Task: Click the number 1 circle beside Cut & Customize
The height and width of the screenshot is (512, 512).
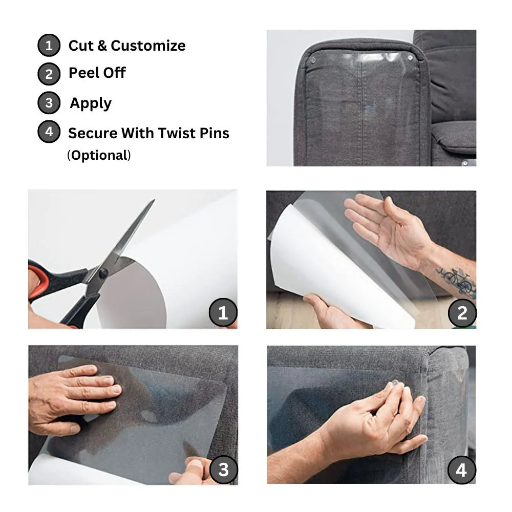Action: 49,46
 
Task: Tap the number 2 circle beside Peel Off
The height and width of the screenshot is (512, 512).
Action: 49,74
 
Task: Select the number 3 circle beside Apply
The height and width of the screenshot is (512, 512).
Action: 49,103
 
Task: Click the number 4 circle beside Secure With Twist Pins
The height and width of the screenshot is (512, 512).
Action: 49,132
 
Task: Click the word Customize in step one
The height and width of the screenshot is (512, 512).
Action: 148,46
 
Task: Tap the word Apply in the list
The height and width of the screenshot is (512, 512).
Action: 91,103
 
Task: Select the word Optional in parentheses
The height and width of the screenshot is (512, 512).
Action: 100,156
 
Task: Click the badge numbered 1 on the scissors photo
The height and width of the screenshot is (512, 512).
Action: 223,312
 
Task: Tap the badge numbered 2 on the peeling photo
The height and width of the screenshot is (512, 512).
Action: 462,313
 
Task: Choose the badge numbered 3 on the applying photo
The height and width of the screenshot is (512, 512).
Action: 223,469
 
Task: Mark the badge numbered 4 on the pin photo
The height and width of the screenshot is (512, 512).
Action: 462,470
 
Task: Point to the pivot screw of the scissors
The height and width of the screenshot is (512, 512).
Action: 103,273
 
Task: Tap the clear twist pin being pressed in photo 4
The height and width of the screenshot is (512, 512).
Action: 395,387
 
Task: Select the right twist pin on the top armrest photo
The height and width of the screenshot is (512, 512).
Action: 410,58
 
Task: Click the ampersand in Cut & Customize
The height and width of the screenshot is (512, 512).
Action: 102,46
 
